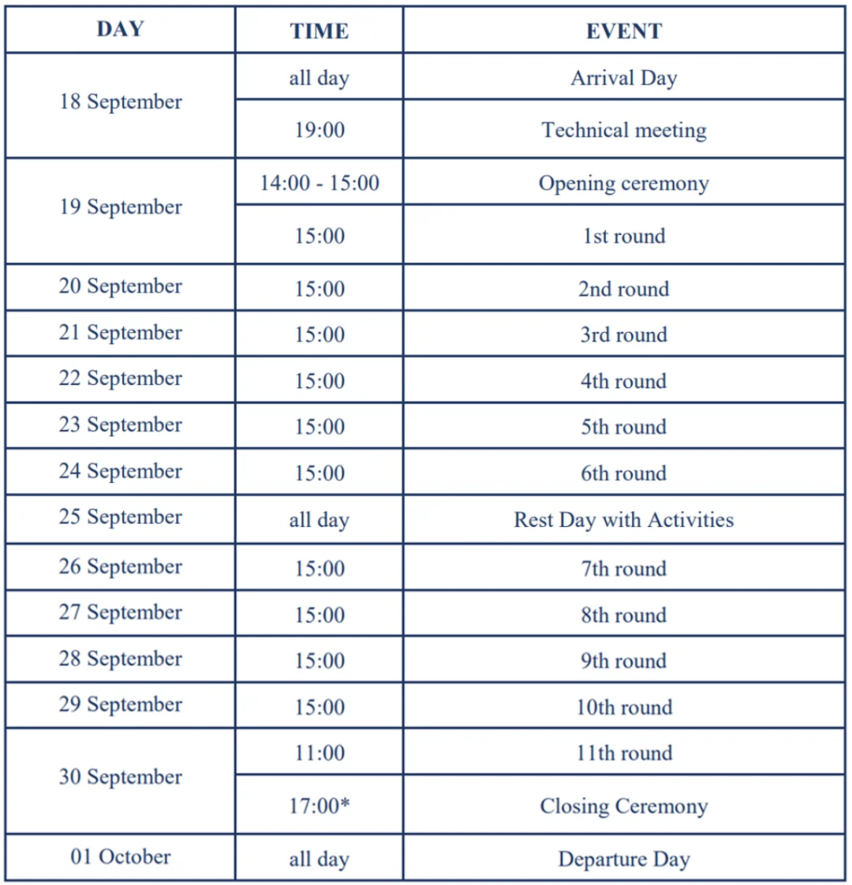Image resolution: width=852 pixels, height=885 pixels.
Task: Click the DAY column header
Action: pyautogui.click(x=120, y=30)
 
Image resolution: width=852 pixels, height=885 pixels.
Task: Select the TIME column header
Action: pyautogui.click(x=319, y=31)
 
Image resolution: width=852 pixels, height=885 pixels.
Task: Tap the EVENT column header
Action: pyautogui.click(x=623, y=31)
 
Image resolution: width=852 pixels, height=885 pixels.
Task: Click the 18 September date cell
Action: pyautogui.click(x=120, y=102)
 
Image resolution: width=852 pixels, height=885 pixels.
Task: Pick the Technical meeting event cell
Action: pyautogui.click(x=623, y=129)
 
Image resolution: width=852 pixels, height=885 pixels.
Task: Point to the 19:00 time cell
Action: pyautogui.click(x=319, y=129)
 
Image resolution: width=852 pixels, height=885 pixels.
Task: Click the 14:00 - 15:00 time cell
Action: pyautogui.click(x=319, y=183)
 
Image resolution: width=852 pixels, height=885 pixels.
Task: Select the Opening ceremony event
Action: pyautogui.click(x=623, y=183)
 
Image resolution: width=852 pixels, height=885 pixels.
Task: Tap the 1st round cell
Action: pyautogui.click(x=623, y=236)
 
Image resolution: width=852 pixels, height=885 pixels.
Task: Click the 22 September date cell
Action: pyautogui.click(x=120, y=379)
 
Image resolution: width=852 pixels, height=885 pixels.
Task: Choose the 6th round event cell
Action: pyautogui.click(x=623, y=473)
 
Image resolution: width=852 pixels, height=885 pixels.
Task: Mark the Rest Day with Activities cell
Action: pyautogui.click(x=623, y=520)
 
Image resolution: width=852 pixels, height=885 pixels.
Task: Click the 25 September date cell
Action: pyautogui.click(x=120, y=517)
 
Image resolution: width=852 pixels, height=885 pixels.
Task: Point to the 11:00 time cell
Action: pyautogui.click(x=319, y=752)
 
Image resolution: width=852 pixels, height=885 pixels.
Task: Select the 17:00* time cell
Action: pyautogui.click(x=319, y=806)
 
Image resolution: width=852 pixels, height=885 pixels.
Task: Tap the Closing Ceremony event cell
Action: pyautogui.click(x=623, y=806)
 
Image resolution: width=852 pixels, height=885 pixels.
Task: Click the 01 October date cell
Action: pyautogui.click(x=120, y=857)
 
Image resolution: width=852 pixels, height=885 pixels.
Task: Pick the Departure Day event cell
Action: pyautogui.click(x=623, y=859)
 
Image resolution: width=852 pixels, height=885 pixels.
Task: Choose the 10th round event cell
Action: pyautogui.click(x=623, y=707)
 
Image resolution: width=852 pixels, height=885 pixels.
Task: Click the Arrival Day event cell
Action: pyautogui.click(x=623, y=78)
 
